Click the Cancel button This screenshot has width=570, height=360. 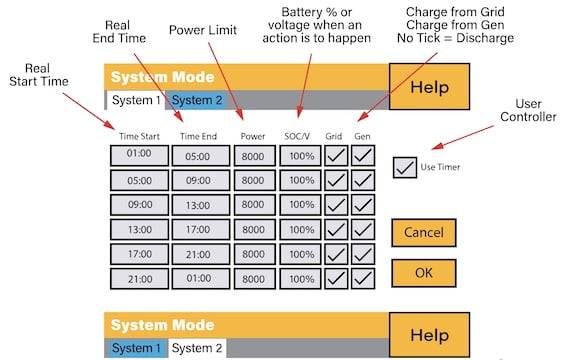tap(423, 232)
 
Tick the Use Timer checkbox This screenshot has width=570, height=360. tap(405, 167)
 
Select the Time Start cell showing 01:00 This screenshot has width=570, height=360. tap(138, 155)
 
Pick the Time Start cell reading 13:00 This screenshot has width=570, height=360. tap(138, 229)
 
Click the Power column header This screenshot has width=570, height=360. tap(254, 134)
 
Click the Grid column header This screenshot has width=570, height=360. tap(336, 134)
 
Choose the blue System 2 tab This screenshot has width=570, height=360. tap(197, 100)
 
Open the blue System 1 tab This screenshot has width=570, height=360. tap(136, 348)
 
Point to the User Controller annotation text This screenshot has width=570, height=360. tap(535, 110)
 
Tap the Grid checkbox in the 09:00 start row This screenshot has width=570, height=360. tap(337, 205)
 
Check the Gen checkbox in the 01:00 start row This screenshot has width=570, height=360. tap(362, 155)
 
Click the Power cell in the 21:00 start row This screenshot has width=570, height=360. tap(254, 278)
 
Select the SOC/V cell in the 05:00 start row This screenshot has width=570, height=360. tap(298, 180)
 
